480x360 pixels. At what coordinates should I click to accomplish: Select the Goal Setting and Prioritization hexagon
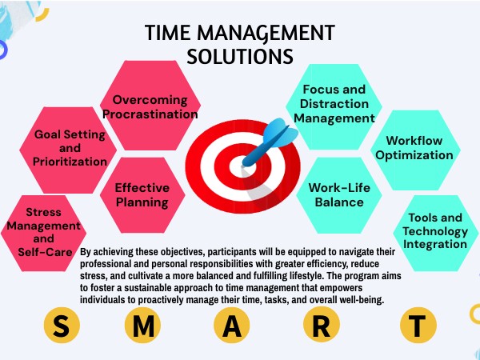[70, 148]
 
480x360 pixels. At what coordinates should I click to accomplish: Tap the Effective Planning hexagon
[142, 194]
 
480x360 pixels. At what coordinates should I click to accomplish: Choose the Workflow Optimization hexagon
[414, 146]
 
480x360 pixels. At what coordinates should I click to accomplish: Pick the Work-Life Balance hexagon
[328, 194]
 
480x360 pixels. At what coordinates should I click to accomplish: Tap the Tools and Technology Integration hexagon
[434, 232]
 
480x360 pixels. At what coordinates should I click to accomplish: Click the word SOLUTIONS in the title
[239, 55]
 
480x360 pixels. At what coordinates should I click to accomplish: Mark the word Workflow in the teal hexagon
[414, 138]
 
